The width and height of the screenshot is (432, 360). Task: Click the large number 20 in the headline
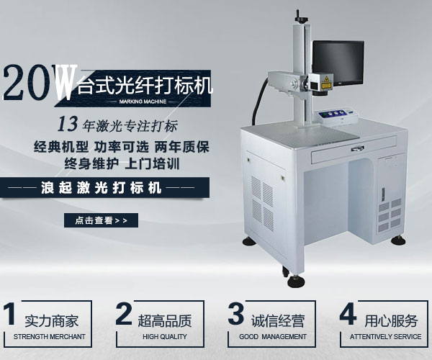click(27, 85)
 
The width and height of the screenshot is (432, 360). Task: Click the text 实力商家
click(52, 320)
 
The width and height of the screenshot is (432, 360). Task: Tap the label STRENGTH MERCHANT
click(49, 337)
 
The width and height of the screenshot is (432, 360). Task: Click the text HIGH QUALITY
click(164, 337)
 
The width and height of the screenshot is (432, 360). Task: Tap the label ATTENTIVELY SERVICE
click(385, 337)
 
